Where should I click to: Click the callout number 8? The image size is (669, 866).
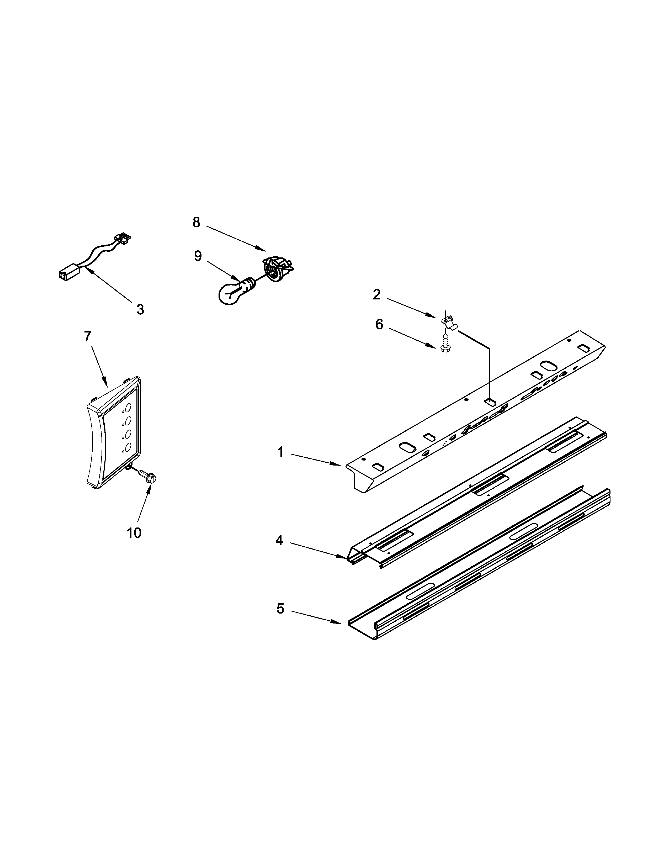(196, 223)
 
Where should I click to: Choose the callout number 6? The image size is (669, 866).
(379, 324)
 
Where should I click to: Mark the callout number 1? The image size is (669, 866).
(280, 452)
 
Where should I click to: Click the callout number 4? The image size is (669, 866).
(279, 540)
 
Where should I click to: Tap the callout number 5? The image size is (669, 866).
(280, 609)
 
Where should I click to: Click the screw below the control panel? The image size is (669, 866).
(148, 476)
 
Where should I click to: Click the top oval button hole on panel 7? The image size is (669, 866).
(128, 407)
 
